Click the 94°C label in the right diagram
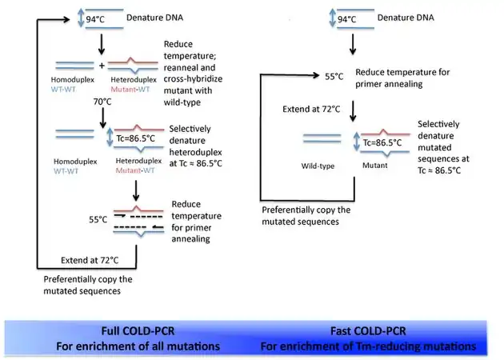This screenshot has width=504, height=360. click(346, 18)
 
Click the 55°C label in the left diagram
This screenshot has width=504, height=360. click(98, 218)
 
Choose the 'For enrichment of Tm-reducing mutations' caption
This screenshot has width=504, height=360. click(369, 346)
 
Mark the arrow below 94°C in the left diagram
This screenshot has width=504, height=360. click(102, 42)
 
